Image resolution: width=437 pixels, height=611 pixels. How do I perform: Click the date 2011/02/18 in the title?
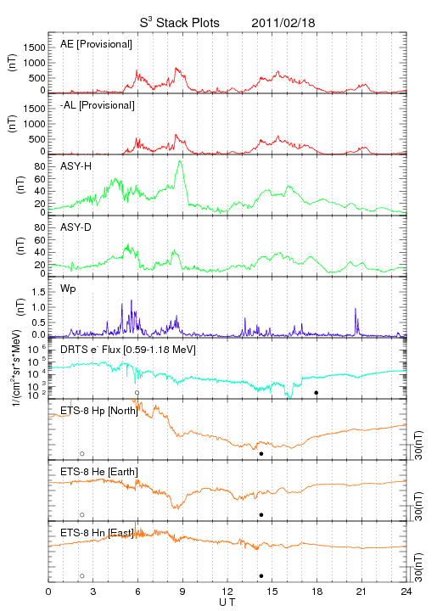(x=283, y=23)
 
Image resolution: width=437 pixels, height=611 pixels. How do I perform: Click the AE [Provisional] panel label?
(x=96, y=44)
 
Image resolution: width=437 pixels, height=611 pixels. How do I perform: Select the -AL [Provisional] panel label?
(x=98, y=105)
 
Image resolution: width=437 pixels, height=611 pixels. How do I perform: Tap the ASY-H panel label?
(x=76, y=166)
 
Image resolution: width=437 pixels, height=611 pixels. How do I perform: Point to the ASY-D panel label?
(x=76, y=227)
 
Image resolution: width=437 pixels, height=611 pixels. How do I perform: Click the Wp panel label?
(x=68, y=289)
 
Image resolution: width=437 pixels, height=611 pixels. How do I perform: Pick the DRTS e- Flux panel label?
(x=128, y=350)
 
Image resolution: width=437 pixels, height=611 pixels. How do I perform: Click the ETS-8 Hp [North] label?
(x=99, y=411)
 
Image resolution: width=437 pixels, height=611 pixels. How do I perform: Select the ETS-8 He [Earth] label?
(x=99, y=472)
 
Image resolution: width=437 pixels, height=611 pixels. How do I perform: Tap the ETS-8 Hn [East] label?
(x=97, y=533)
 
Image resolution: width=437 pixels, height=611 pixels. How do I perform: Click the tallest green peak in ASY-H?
(x=180, y=161)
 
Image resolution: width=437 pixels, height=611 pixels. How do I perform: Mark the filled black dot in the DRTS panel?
(x=317, y=393)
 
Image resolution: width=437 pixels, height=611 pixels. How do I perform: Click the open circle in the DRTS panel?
(x=137, y=393)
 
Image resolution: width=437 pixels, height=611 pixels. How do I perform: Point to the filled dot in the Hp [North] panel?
(x=261, y=453)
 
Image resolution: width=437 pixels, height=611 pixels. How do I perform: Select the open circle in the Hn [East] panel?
(x=82, y=576)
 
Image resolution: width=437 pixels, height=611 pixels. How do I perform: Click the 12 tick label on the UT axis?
(x=227, y=591)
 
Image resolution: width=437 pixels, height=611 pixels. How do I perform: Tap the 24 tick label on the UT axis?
(x=406, y=591)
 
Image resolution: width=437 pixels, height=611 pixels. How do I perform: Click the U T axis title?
(x=227, y=603)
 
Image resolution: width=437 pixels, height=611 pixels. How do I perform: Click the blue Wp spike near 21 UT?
(x=356, y=320)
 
